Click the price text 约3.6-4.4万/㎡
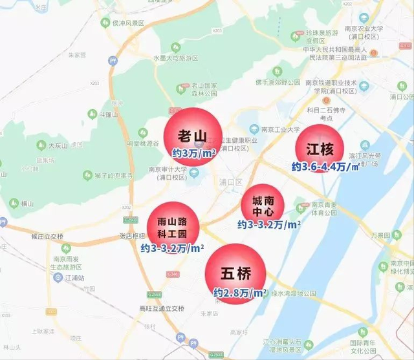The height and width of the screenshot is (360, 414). pos(325,167)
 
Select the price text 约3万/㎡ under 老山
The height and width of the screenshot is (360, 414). pos(193,153)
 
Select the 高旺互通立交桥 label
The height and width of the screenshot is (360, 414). pos(158,308)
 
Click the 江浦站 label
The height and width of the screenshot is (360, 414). pos(74,277)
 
